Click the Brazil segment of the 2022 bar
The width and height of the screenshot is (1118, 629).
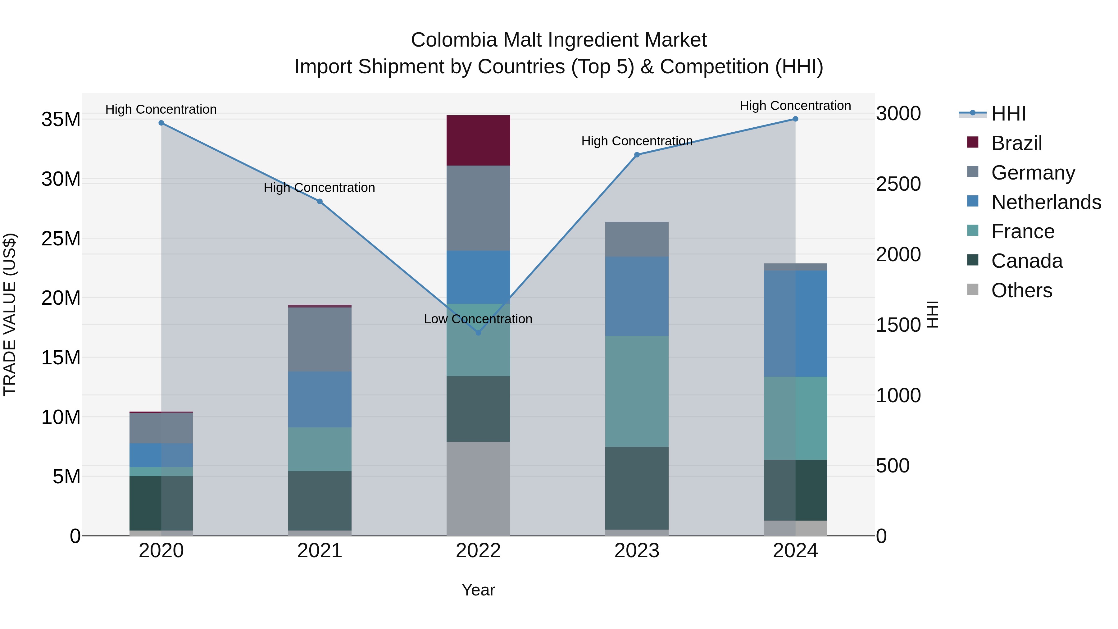[478, 140]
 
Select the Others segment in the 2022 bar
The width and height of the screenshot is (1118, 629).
[478, 488]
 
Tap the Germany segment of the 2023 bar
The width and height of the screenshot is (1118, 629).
[637, 239]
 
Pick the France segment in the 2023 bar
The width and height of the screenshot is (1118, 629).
[637, 391]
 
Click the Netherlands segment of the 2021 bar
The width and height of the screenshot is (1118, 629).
[320, 399]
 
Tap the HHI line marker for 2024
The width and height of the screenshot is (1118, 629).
[795, 119]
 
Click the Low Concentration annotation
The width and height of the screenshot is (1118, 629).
[478, 319]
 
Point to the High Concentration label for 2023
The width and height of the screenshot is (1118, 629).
[637, 141]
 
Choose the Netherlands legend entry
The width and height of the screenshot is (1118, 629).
[1046, 202]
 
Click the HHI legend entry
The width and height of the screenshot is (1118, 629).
[1008, 114]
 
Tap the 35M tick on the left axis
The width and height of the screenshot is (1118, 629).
[61, 119]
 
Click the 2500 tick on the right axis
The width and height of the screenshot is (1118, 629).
[898, 184]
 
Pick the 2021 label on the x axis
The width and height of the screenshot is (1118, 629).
[320, 551]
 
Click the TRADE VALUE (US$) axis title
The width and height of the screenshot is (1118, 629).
[10, 314]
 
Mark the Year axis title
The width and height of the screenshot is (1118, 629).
[478, 590]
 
